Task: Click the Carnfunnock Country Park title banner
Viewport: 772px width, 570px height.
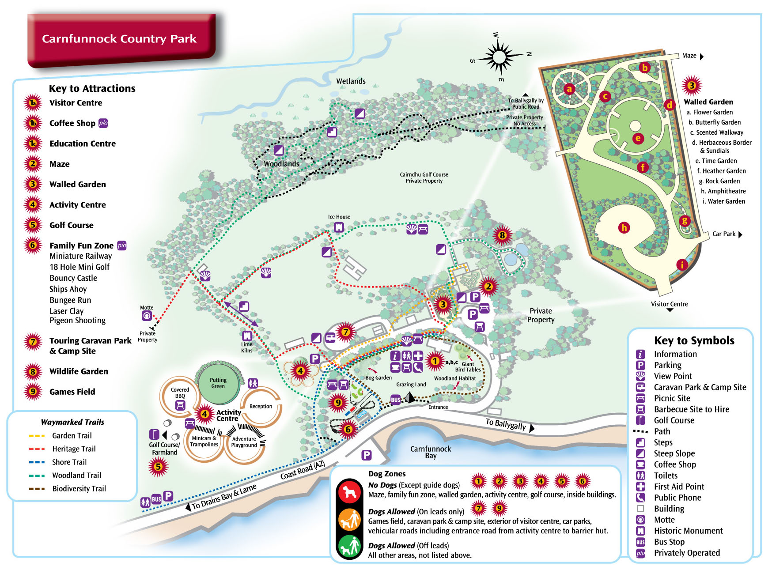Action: (119, 39)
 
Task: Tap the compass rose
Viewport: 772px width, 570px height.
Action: (500, 57)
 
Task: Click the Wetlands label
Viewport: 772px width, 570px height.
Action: (351, 81)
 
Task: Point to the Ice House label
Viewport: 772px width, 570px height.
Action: (339, 217)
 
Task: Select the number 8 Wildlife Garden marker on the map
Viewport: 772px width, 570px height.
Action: (502, 235)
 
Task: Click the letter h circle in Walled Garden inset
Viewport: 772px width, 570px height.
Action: (624, 227)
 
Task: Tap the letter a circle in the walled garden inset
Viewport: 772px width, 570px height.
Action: (569, 89)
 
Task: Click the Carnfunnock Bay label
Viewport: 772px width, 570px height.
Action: (431, 452)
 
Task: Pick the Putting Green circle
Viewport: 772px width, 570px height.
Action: (218, 383)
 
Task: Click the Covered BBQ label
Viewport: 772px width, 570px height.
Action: (180, 393)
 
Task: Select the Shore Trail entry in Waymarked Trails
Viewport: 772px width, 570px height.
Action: (69, 462)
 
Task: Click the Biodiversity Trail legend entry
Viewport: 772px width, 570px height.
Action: (79, 488)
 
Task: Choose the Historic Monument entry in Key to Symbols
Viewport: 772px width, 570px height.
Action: (688, 531)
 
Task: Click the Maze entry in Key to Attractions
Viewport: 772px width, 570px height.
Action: (59, 164)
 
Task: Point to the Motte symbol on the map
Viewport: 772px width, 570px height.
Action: (147, 316)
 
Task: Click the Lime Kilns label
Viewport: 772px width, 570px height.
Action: (247, 347)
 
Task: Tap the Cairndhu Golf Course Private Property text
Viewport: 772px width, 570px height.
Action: (424, 177)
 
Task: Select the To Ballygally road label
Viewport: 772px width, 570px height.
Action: (506, 424)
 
